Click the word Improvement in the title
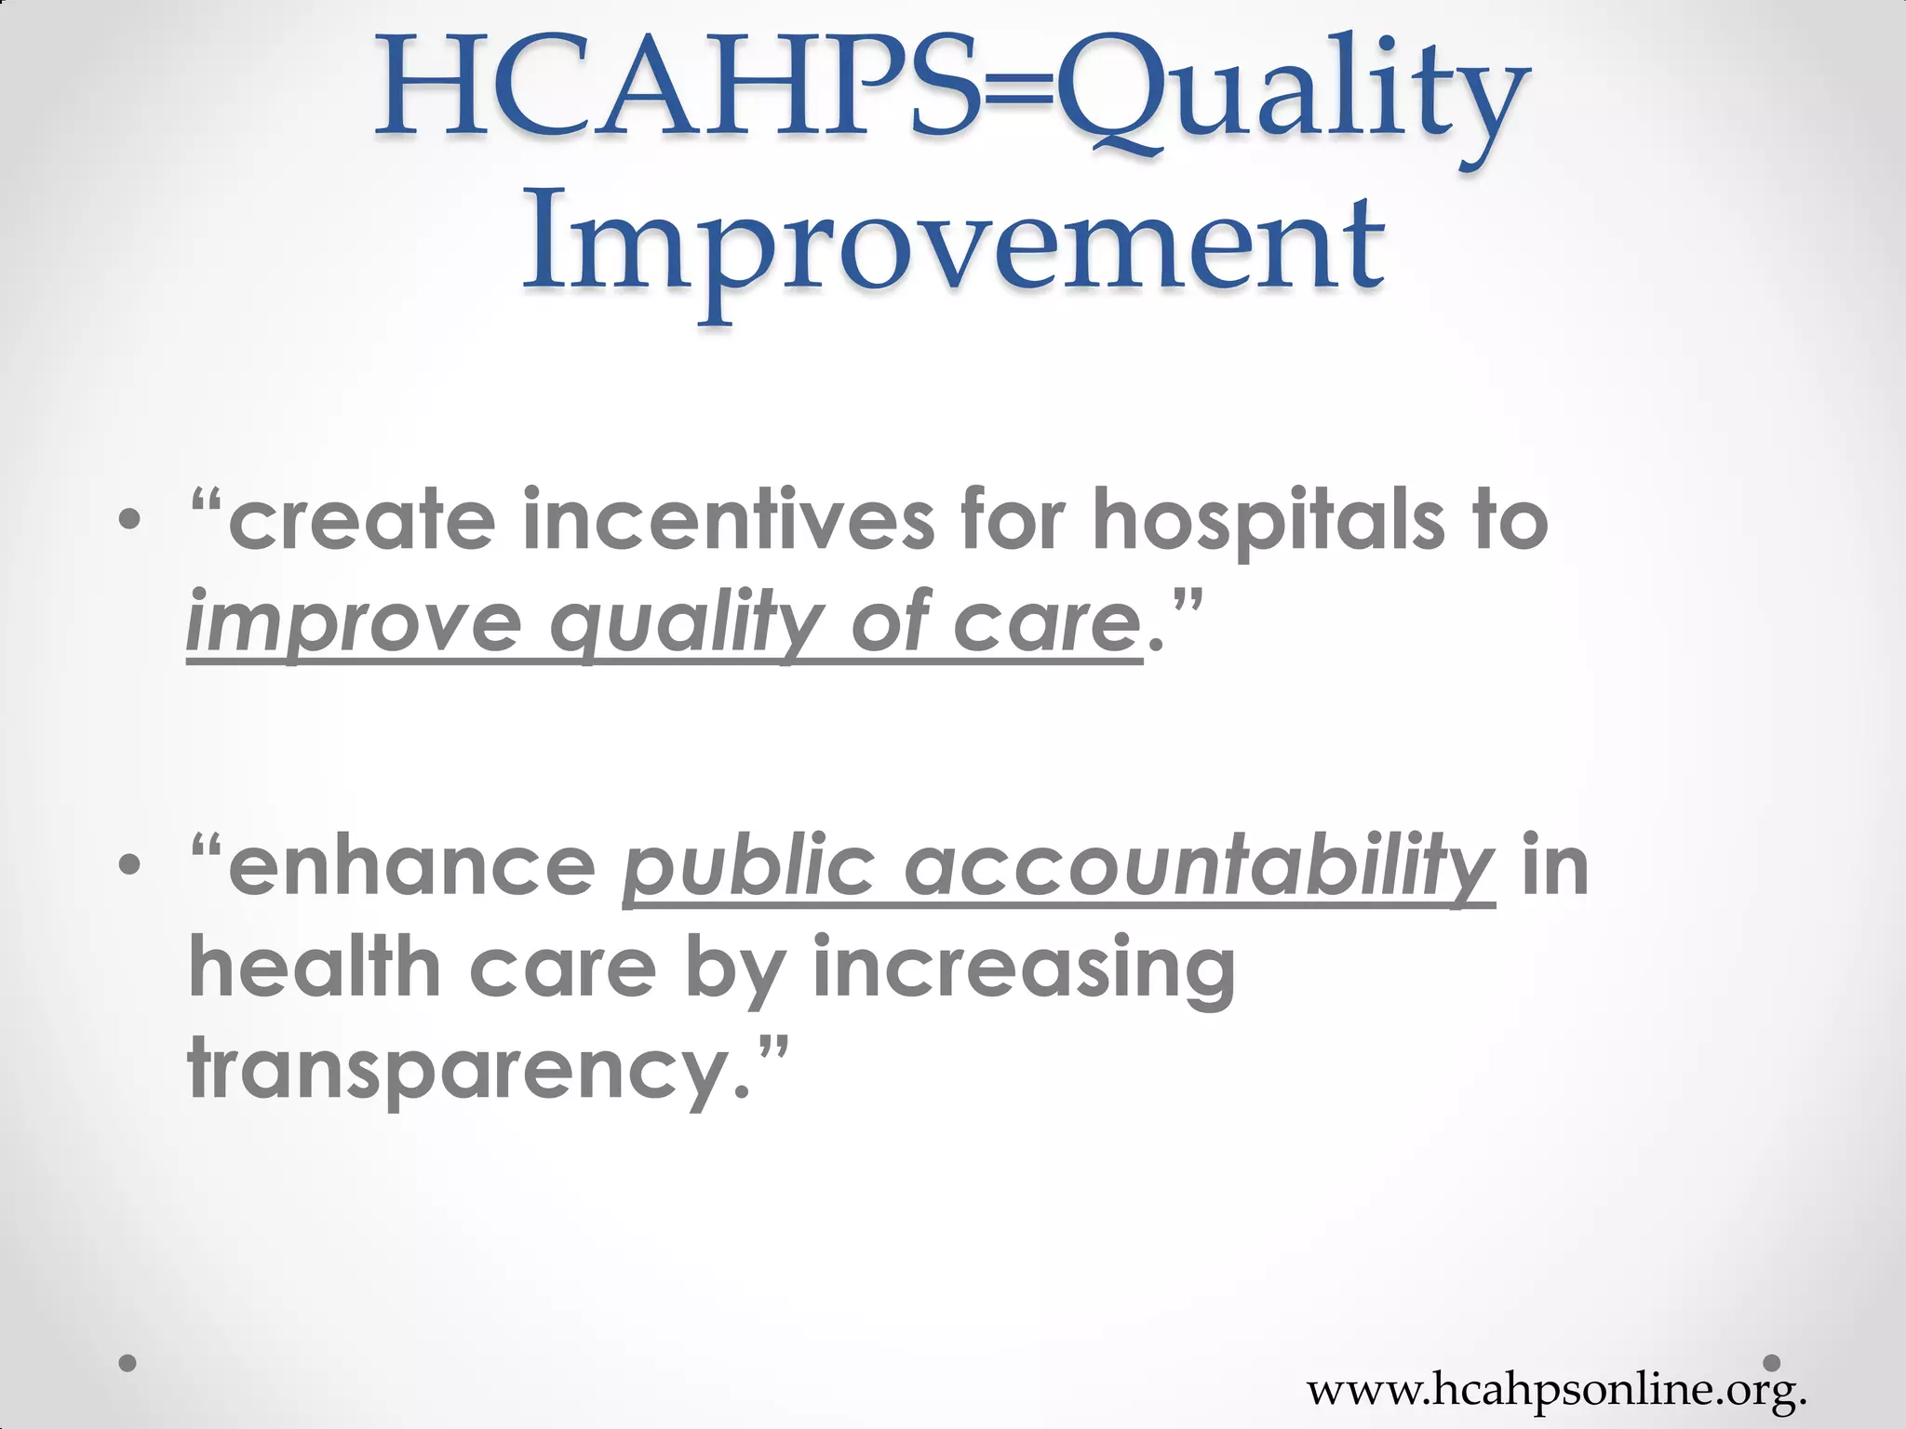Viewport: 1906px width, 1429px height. point(954,244)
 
